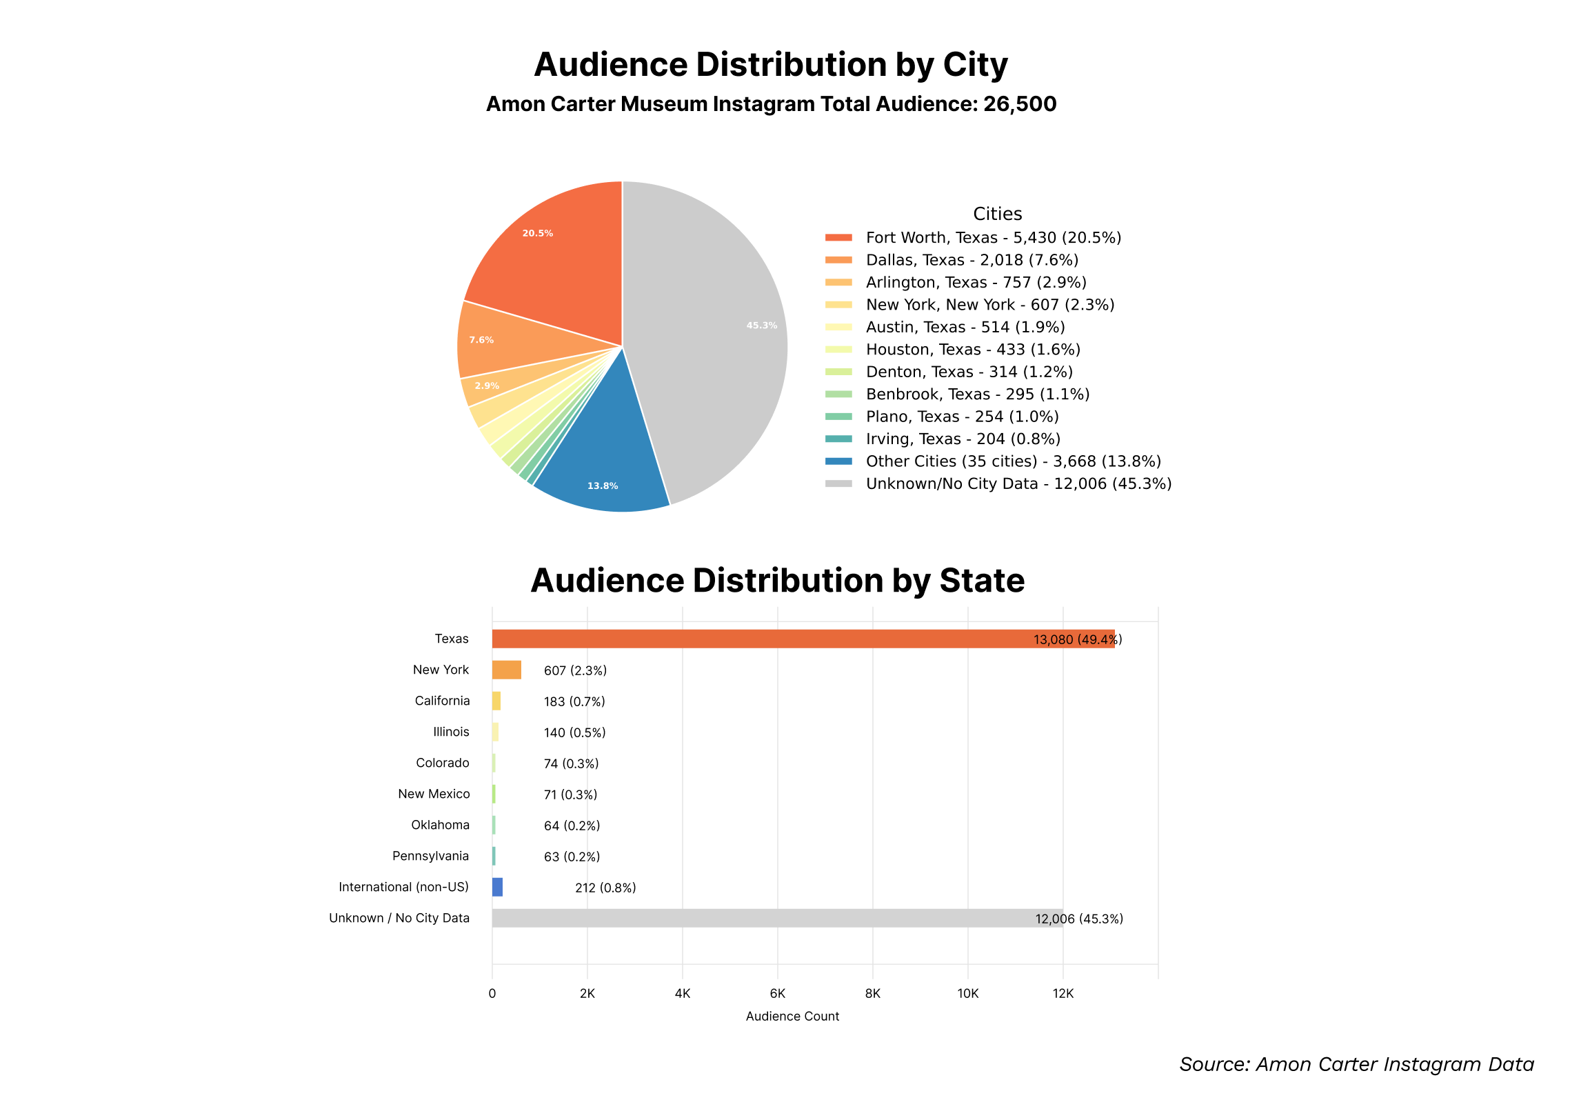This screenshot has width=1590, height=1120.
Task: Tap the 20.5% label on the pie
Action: pyautogui.click(x=537, y=233)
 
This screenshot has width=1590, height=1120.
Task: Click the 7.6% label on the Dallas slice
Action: pyautogui.click(x=481, y=340)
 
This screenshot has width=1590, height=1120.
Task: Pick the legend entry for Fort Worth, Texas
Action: pyautogui.click(x=992, y=237)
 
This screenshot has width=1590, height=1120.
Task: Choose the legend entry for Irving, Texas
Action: pyautogui.click(x=963, y=439)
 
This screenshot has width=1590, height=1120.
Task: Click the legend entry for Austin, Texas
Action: pyautogui.click(x=965, y=327)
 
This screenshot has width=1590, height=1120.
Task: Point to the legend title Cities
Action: pyautogui.click(x=997, y=214)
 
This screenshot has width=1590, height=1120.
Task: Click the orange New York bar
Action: pyautogui.click(x=506, y=670)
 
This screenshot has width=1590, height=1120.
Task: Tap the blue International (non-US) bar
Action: pyautogui.click(x=497, y=887)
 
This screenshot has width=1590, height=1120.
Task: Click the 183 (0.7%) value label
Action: pyautogui.click(x=574, y=701)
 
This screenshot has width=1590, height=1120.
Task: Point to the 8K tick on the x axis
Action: pyautogui.click(x=872, y=993)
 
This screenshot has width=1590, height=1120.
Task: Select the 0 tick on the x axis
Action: pyautogui.click(x=492, y=993)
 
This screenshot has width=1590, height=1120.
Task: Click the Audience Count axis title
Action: pyautogui.click(x=792, y=1016)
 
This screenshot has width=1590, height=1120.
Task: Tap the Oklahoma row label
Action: pyautogui.click(x=440, y=825)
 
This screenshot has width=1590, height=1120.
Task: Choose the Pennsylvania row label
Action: pyautogui.click(x=430, y=856)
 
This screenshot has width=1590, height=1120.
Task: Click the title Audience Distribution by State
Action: pyautogui.click(x=777, y=581)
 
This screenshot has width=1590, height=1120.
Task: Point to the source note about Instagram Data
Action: pyautogui.click(x=1356, y=1064)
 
